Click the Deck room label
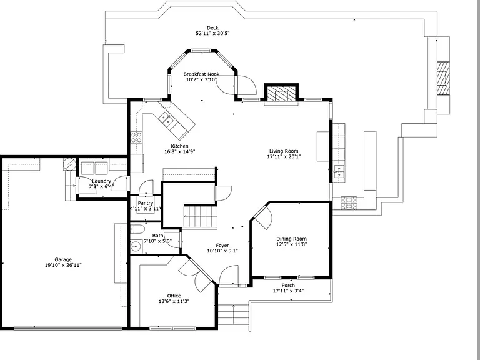pyautogui.click(x=212, y=28)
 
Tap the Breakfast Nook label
pyautogui.click(x=201, y=74)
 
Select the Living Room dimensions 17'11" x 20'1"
pyautogui.click(x=284, y=156)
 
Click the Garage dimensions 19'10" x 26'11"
pyautogui.click(x=63, y=265)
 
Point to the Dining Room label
pyautogui.click(x=291, y=239)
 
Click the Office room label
pyautogui.click(x=174, y=296)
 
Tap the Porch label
pyautogui.click(x=288, y=285)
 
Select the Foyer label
pyautogui.click(x=222, y=246)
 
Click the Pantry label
pyautogui.click(x=146, y=203)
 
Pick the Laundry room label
pyautogui.click(x=102, y=181)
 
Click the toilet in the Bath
pyautogui.click(x=137, y=229)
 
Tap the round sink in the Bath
pyautogui.click(x=135, y=246)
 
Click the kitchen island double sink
pyautogui.click(x=166, y=119)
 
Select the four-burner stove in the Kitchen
pyautogui.click(x=136, y=137)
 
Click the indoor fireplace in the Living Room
pyautogui.click(x=281, y=93)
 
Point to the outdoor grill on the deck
pyautogui.click(x=349, y=203)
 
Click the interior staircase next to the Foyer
pyautogui.click(x=200, y=216)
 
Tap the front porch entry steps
pyautogui.click(x=233, y=315)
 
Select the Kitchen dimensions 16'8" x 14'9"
pyautogui.click(x=180, y=151)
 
